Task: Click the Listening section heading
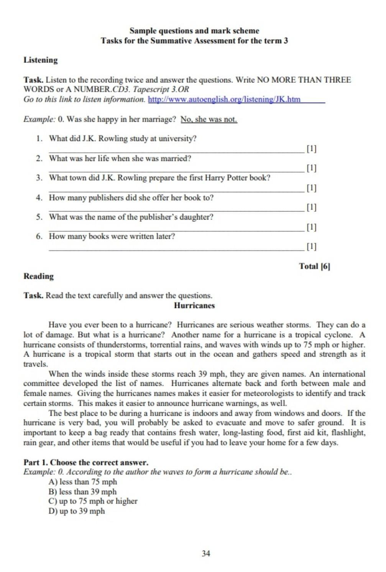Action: [x=41, y=60]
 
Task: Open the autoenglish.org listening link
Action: [x=224, y=100]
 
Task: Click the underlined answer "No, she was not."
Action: [x=209, y=120]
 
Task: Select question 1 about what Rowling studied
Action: [x=123, y=139]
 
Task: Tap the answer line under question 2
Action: [x=176, y=171]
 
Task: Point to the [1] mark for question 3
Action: [x=312, y=188]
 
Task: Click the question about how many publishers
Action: [x=131, y=198]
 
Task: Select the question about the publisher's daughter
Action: [x=131, y=217]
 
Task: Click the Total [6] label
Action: [x=314, y=266]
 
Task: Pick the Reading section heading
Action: [x=39, y=276]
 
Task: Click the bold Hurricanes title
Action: [x=194, y=306]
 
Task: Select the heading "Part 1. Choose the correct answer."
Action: [x=86, y=462]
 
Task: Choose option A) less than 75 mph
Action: [x=83, y=482]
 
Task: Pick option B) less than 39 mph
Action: [x=83, y=492]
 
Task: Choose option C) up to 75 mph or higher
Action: [x=93, y=501]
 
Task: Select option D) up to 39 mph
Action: [x=77, y=511]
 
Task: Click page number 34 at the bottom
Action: [x=206, y=553]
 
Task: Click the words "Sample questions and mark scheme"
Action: [x=194, y=31]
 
